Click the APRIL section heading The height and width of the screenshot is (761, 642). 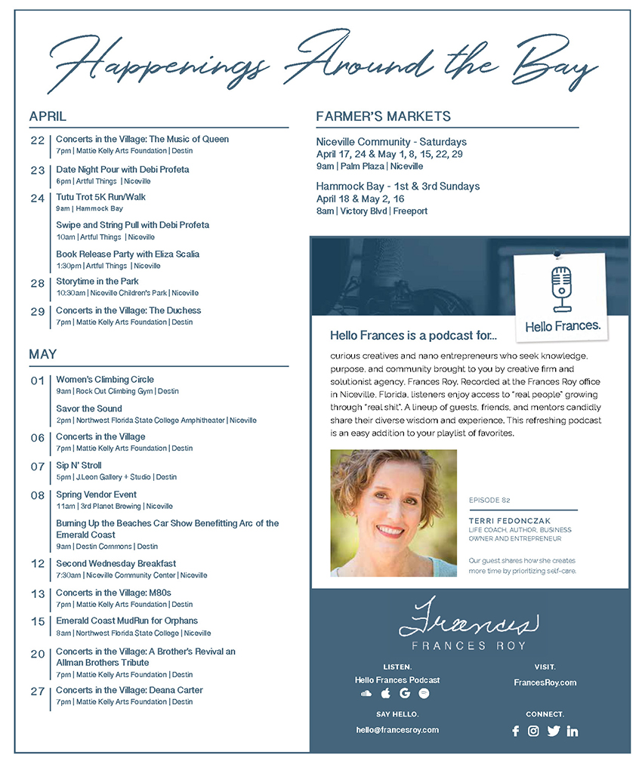pyautogui.click(x=48, y=116)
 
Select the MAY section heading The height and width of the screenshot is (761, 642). pyautogui.click(x=42, y=354)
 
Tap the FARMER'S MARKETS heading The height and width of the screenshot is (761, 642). pyautogui.click(x=383, y=116)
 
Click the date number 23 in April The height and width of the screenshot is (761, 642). pyautogui.click(x=38, y=171)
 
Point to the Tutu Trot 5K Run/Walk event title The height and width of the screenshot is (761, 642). pyautogui.click(x=100, y=197)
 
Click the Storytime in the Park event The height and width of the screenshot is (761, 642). pyautogui.click(x=97, y=282)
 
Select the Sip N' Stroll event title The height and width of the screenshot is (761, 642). pyautogui.click(x=79, y=466)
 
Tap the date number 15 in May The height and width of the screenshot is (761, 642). pyautogui.click(x=38, y=622)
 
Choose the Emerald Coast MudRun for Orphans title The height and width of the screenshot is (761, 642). pyautogui.click(x=127, y=621)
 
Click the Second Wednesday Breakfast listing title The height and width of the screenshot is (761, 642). pyautogui.click(x=116, y=563)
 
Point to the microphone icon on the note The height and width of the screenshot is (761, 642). pyautogui.click(x=560, y=288)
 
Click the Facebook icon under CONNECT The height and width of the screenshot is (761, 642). pyautogui.click(x=516, y=731)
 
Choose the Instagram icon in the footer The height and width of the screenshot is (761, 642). pyautogui.click(x=533, y=731)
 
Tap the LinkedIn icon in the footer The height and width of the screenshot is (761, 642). pyautogui.click(x=572, y=731)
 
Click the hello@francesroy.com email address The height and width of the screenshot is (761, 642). pyautogui.click(x=397, y=730)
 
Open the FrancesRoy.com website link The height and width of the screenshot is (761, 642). pyautogui.click(x=545, y=682)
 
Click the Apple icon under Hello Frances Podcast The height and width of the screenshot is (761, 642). pyautogui.click(x=386, y=693)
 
